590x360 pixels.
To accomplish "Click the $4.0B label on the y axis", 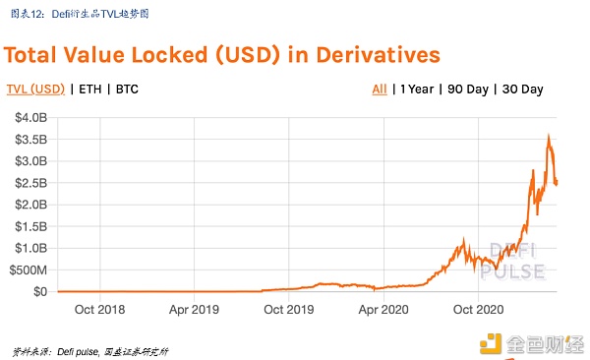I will point(29,117).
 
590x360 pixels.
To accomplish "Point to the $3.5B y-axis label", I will point(29,139).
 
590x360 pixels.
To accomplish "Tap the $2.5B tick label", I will point(29,182).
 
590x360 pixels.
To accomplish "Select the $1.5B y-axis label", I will point(29,226).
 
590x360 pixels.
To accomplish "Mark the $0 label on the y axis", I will point(38,291).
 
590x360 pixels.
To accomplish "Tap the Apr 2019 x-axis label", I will point(194,308).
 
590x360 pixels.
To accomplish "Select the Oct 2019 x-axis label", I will point(287,308).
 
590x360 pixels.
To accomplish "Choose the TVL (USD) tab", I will point(35,90).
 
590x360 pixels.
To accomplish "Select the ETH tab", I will point(88,90).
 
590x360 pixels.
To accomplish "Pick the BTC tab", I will point(127,90).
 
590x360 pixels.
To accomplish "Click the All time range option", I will point(379,90).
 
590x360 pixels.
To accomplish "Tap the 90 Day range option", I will point(469,90).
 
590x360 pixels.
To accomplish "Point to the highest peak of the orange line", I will point(548,136).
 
